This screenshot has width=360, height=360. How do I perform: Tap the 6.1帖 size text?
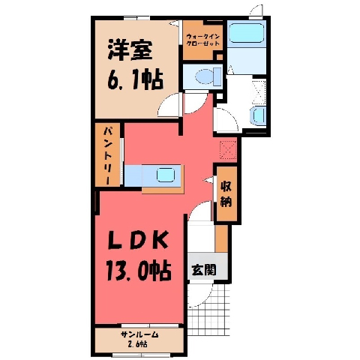pyautogui.click(x=135, y=79)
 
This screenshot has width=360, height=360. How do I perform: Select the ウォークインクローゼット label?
pyautogui.click(x=203, y=40)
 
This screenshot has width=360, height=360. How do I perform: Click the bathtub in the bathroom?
pyautogui.click(x=247, y=33)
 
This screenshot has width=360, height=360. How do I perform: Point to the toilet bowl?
pyautogui.click(x=205, y=76)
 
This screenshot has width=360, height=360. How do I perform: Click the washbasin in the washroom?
pyautogui.click(x=258, y=115)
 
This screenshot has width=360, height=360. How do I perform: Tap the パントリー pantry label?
pyautogui.click(x=108, y=156)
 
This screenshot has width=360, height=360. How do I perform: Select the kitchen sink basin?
pyautogui.click(x=165, y=174)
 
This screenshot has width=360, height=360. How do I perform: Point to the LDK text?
pyautogui.click(x=137, y=240)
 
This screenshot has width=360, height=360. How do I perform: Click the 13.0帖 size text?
pyautogui.click(x=139, y=270)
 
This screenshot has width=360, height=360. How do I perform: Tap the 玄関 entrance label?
pyautogui.click(x=204, y=270)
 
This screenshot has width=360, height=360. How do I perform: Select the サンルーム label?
pyautogui.click(x=139, y=334)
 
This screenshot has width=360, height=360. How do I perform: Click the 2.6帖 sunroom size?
pyautogui.click(x=137, y=344)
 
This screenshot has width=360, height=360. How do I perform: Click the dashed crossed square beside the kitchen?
pyautogui.click(x=228, y=150)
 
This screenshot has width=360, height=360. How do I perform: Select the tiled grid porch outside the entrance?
pyautogui.click(x=208, y=310)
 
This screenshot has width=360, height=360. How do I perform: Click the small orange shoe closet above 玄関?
pyautogui.click(x=221, y=238)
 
